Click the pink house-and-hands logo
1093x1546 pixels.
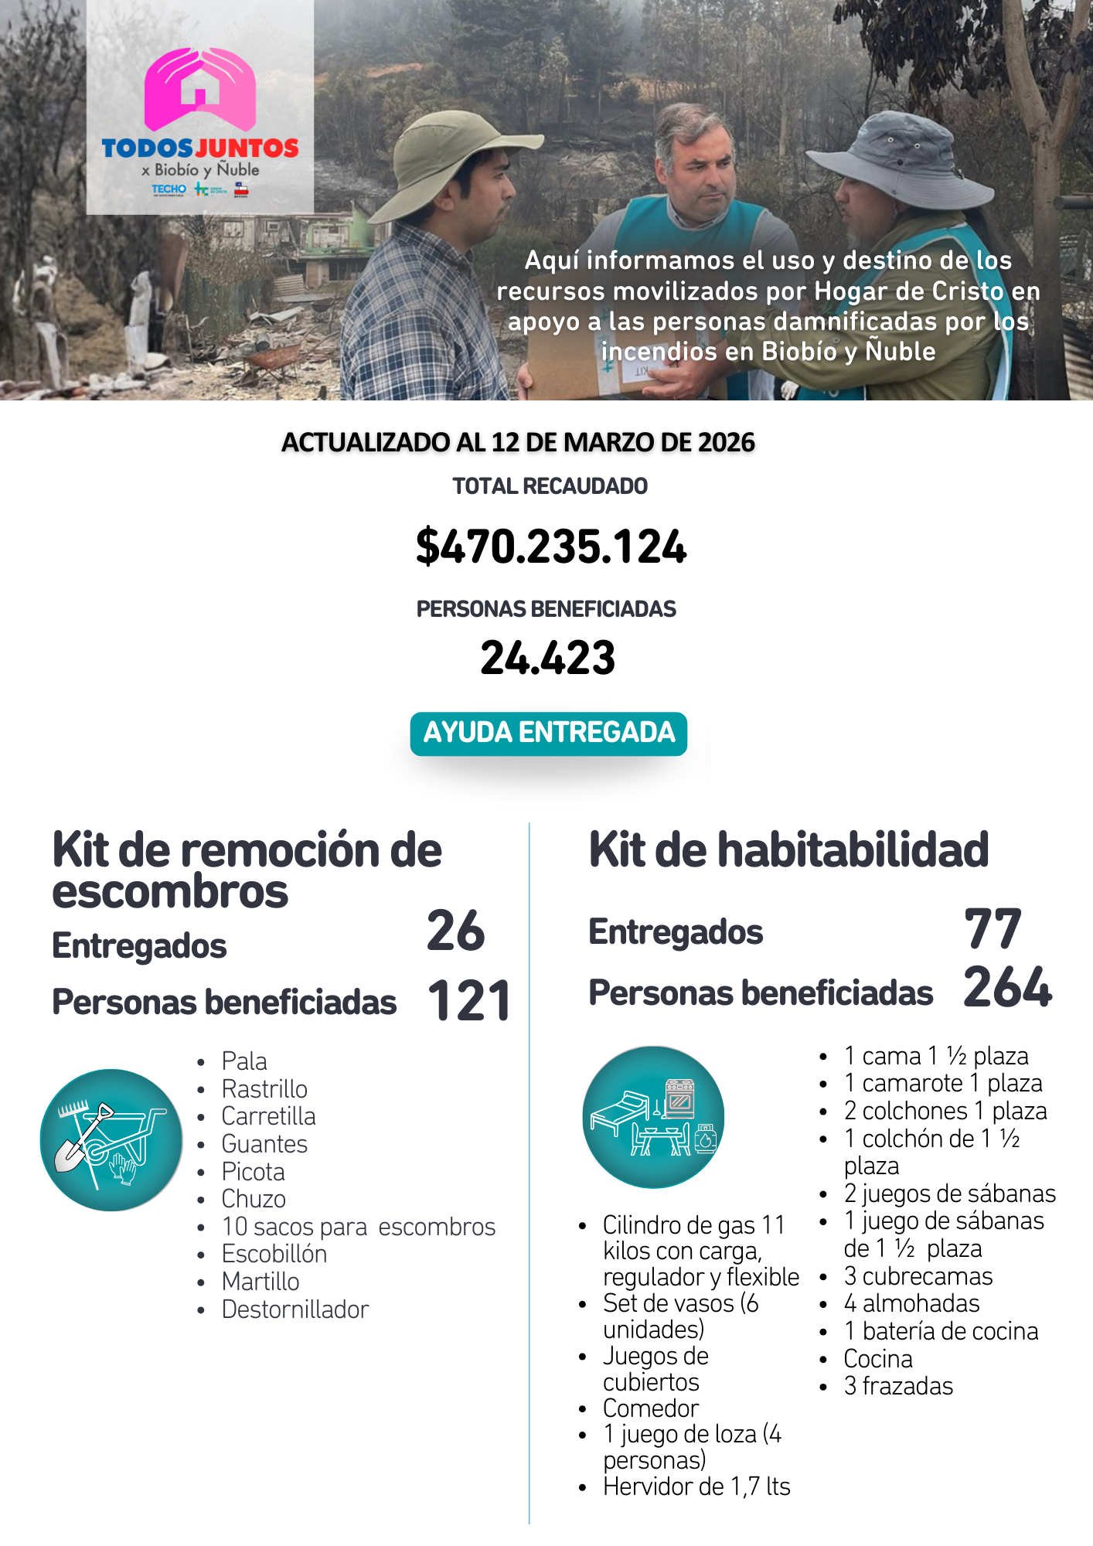[x=199, y=89]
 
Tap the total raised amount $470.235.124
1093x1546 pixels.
[x=550, y=547]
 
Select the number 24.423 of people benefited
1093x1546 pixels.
[x=547, y=658]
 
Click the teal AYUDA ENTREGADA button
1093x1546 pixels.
[x=548, y=733]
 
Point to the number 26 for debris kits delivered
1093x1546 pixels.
[x=455, y=931]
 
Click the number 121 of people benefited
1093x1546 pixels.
[x=469, y=1001]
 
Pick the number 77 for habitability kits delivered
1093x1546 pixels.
[x=993, y=929]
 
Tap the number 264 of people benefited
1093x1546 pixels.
[x=1007, y=988]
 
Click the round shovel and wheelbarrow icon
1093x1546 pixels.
[x=111, y=1139]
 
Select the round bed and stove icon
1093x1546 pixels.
[x=653, y=1116]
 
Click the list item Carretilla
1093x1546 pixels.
[x=268, y=1116]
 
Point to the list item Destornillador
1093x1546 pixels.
[x=295, y=1309]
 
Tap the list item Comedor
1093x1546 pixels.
[x=650, y=1408]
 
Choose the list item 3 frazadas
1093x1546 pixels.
[x=898, y=1386]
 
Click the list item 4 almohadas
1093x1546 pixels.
[x=911, y=1303]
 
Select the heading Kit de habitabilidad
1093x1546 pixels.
[x=788, y=850]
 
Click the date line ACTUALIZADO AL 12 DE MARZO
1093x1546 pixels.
[x=518, y=442]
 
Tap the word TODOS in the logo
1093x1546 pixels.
[x=147, y=148]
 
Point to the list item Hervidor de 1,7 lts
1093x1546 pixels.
[x=696, y=1486]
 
